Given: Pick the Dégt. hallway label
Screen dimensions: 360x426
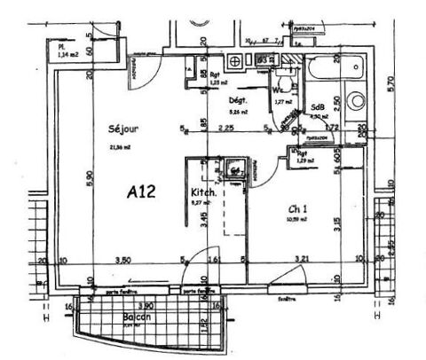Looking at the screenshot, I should [x=238, y=100].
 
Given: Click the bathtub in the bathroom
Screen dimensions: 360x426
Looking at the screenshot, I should [x=333, y=67].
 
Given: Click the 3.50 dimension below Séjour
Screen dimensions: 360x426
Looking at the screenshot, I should [x=124, y=259].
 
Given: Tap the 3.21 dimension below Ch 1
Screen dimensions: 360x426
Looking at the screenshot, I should [x=302, y=259].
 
